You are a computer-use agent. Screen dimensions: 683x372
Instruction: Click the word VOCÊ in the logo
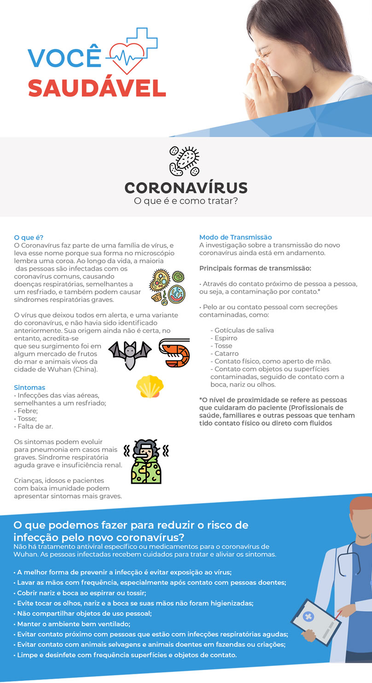point(64,58)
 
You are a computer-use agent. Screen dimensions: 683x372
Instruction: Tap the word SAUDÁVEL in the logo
point(97,87)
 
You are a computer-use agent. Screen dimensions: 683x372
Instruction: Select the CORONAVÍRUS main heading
point(186,188)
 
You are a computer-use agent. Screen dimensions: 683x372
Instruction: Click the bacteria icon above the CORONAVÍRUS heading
point(185,161)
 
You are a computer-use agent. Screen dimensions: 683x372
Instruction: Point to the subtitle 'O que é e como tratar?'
point(186,201)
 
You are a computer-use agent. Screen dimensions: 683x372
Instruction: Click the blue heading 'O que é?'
point(29,237)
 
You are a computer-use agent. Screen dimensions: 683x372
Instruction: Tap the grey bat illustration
point(130,354)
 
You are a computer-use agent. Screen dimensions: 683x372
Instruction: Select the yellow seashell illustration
point(149,386)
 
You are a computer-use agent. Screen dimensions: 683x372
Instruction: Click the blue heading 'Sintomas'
point(29,388)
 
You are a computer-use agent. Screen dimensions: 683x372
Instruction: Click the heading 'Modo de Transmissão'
point(235,237)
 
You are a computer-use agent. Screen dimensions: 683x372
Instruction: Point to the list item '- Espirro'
point(224,338)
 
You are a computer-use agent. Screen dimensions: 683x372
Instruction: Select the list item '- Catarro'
point(224,353)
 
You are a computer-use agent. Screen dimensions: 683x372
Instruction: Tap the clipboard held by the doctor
point(315,622)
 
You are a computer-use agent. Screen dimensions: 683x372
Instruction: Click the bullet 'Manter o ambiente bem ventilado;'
point(72,624)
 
